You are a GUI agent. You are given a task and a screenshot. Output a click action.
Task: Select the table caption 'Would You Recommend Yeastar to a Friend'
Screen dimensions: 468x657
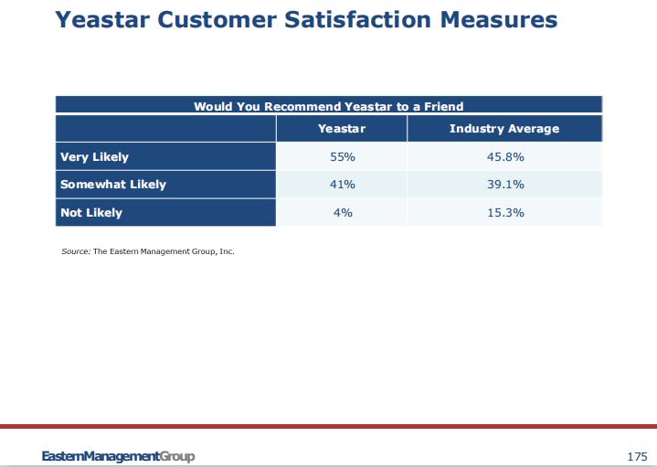328,107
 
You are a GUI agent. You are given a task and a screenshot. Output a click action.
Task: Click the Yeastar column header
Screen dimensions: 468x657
342,129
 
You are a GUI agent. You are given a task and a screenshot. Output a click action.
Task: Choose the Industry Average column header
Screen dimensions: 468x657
504,129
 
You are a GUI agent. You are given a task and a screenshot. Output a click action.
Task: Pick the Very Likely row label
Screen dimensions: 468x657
94,157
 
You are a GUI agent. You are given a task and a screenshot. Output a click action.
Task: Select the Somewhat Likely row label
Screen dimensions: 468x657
113,185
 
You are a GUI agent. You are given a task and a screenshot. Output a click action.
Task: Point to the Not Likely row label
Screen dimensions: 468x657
91,213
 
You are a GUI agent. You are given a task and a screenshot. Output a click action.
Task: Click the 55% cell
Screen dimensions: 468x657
342,157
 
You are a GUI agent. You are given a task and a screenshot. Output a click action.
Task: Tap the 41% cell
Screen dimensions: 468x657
342,185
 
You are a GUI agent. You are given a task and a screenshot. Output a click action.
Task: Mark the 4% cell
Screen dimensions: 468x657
342,213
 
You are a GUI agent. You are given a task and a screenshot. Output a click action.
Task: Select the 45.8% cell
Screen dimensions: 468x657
504,157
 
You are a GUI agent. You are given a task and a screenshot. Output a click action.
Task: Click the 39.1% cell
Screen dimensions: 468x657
504,185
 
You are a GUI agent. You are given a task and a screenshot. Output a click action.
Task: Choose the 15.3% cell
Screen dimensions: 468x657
504,213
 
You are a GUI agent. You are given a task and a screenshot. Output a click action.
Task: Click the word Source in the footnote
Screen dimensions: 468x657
75,251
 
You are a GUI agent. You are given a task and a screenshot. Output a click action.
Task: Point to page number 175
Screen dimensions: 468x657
637,456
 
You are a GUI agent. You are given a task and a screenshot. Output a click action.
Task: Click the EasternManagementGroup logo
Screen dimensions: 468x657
118,456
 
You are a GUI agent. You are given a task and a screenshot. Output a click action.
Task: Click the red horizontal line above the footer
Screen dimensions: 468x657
328,426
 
